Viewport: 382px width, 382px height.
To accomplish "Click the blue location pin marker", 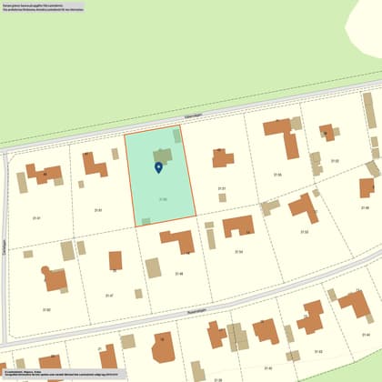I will point(159,167).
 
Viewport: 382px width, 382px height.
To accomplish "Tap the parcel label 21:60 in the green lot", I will point(163,198).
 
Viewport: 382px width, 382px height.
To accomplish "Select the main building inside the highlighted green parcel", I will point(163,156).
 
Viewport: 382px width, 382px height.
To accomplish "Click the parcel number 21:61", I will point(97,210).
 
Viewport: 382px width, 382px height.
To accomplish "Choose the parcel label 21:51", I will point(222,188).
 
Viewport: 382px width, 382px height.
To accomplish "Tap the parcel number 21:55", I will point(277,174).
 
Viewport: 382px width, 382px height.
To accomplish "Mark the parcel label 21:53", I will point(305,232).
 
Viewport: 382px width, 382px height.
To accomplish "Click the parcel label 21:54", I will point(239,251).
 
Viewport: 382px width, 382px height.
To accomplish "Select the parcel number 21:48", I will point(179,273).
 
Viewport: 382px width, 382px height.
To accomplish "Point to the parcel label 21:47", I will point(109,295).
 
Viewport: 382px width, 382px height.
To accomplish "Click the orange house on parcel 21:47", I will point(116,261).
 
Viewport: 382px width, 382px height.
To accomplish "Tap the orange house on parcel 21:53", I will point(304,208).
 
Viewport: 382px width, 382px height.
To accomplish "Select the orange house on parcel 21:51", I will point(223,158).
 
